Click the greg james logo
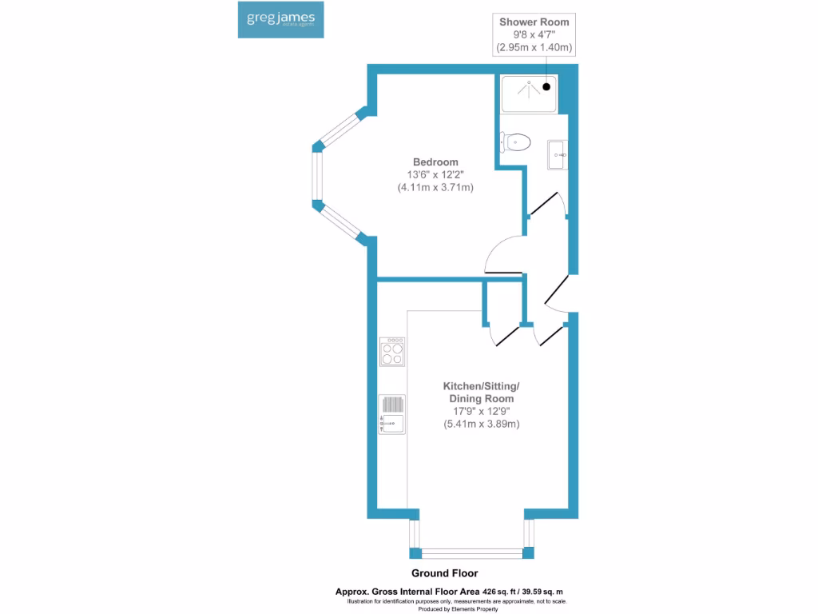(280, 20)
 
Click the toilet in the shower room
(517, 142)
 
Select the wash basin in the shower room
(558, 154)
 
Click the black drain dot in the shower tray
(547, 86)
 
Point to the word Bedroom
(435, 161)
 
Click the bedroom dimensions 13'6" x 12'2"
(435, 175)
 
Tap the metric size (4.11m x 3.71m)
(435, 188)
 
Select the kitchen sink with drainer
(392, 413)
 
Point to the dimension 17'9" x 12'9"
(482, 411)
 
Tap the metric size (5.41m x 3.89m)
(482, 424)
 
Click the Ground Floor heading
(444, 573)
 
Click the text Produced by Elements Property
(459, 609)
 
